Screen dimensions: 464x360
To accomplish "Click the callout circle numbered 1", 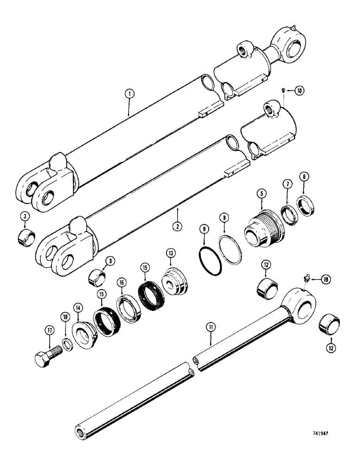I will (129, 94).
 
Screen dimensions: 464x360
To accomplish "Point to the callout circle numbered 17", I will (50, 330).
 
